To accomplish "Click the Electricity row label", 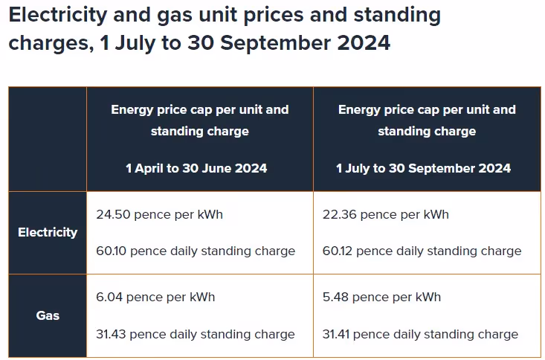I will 48,232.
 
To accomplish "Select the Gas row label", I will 48,315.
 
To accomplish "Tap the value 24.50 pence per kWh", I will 159,214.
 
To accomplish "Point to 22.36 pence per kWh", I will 385,214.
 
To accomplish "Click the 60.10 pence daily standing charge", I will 196,251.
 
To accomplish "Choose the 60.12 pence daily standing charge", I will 422,251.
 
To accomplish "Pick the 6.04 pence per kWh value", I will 155,297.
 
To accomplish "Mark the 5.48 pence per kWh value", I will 381,297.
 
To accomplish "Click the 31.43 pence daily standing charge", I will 196,334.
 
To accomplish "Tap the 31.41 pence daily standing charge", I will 422,334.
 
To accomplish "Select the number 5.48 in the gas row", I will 335,297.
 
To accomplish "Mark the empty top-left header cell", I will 48,139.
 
